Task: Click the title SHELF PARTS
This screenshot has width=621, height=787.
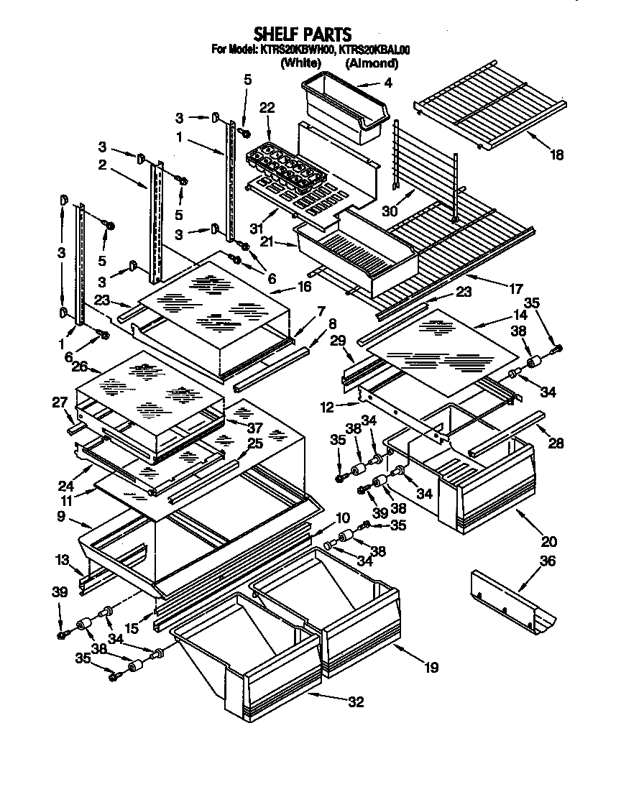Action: tap(302, 34)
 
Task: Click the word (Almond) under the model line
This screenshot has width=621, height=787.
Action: tap(372, 63)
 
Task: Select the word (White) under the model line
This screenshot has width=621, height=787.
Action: tap(300, 63)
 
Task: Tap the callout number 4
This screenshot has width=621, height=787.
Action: tap(388, 83)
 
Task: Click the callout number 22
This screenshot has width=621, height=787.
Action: tap(267, 108)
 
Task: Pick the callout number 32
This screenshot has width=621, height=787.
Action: tap(355, 702)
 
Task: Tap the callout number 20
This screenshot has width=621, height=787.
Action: tap(549, 541)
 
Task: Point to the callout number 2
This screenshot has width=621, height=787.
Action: tap(103, 165)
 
